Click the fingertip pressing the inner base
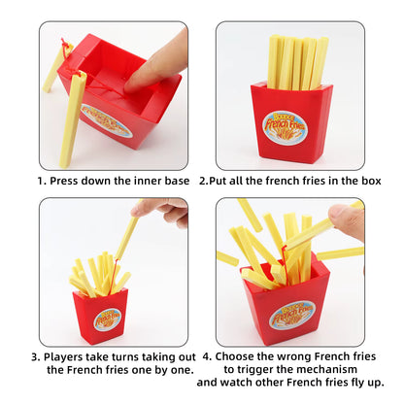point(133,84)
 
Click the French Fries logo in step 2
point(285,127)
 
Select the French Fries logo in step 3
point(108,320)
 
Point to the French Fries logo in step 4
point(292,315)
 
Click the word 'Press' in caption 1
point(64,181)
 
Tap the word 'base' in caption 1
point(177,181)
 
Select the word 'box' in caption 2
point(372,181)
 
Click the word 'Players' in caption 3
point(59,357)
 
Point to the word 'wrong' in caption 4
point(294,356)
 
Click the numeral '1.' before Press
point(42,181)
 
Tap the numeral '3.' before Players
point(36,357)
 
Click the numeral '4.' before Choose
point(208,356)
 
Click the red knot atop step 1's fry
point(65,43)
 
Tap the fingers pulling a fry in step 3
point(162,211)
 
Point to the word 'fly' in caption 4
point(356,383)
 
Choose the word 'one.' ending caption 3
point(182,370)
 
